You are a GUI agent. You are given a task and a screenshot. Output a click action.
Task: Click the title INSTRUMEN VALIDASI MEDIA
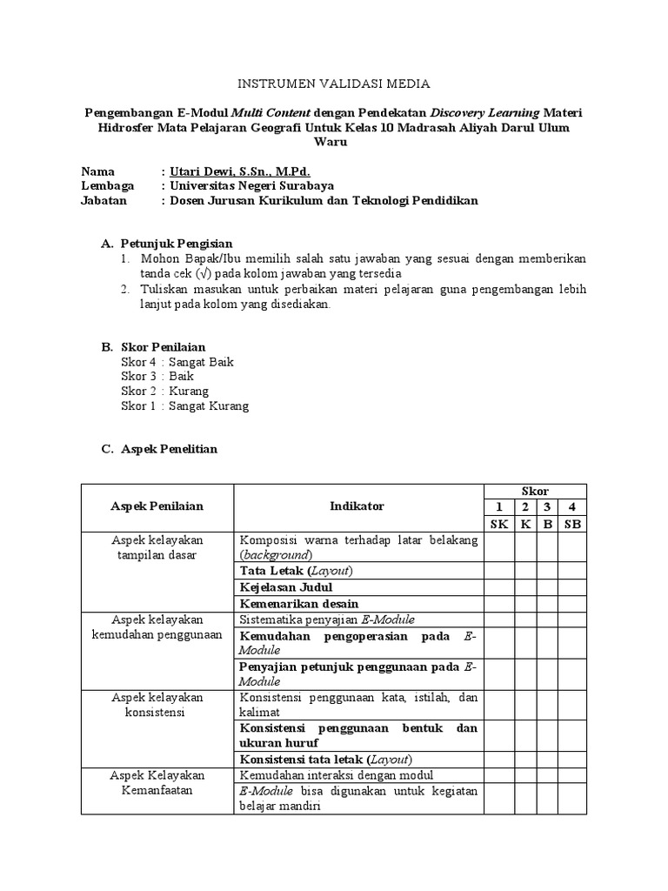coord(334,84)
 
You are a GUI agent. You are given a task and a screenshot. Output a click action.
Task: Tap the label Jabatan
coord(104,200)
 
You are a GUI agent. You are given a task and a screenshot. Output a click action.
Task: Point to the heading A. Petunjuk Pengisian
coord(167,243)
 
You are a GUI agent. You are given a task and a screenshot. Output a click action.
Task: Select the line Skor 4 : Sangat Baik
coord(177,362)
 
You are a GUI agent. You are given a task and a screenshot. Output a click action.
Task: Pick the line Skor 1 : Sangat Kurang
coord(184,406)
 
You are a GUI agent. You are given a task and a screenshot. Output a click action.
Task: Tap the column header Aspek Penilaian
coord(157,506)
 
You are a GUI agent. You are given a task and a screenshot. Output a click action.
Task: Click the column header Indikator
coord(357,506)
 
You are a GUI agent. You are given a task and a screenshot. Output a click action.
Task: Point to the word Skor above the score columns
coord(535,492)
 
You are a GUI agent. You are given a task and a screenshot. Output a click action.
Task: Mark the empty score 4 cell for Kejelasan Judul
coord(571,587)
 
